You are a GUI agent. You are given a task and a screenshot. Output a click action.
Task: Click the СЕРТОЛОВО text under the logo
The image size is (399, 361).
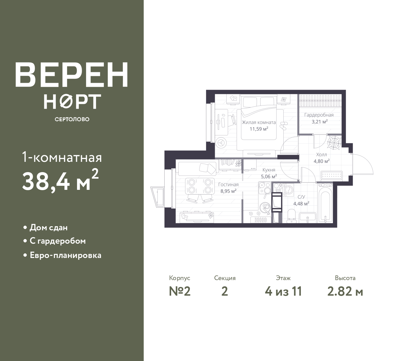72,119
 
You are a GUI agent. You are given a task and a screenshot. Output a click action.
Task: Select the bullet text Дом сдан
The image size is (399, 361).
49,228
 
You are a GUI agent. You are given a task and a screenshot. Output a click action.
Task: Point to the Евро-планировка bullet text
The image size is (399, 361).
65,256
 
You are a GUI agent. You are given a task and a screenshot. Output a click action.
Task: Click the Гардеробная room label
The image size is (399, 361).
319,115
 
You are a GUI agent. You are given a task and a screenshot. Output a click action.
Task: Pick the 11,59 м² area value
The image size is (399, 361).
259,129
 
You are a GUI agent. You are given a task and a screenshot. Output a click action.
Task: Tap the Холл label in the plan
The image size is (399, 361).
321,154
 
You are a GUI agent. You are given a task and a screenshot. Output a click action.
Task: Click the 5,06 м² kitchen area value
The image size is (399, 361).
269,176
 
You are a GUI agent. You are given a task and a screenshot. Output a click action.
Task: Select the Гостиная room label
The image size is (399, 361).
228,185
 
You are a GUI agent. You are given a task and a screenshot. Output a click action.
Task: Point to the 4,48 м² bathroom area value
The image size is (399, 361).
301,204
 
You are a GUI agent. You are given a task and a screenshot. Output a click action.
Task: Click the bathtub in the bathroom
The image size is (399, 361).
325,205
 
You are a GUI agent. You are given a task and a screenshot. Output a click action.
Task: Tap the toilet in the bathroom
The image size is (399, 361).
292,216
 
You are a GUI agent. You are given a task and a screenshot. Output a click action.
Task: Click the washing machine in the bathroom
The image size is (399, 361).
287,190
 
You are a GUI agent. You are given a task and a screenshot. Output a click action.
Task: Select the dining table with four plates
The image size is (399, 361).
200,186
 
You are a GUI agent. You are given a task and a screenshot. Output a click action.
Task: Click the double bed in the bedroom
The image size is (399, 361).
259,118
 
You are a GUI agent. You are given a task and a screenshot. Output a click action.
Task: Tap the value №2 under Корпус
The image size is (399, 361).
180,292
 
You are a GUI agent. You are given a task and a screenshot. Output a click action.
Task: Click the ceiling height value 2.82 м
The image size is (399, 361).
345,292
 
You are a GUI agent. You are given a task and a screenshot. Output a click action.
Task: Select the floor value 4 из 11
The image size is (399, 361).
283,292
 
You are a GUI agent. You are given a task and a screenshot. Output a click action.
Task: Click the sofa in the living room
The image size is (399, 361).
197,169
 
